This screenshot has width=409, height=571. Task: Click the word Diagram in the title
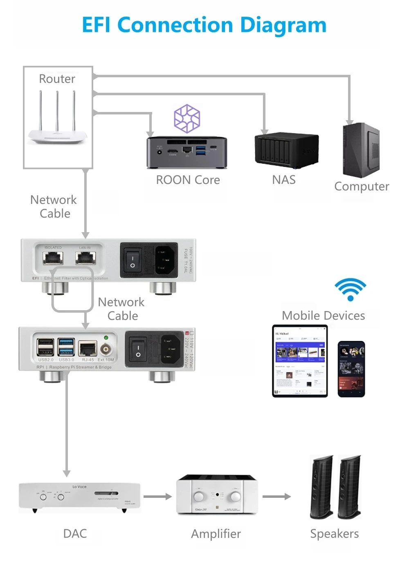coord(283,25)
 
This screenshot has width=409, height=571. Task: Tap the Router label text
coord(57,79)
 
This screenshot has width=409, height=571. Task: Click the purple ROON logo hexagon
coord(187,119)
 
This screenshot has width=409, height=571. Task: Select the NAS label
coord(284,180)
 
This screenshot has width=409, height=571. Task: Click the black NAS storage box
coord(286,150)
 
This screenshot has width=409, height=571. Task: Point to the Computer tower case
coord(361,150)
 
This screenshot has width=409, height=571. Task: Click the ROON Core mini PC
coord(187,152)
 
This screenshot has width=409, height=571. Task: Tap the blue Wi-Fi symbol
coord(350,289)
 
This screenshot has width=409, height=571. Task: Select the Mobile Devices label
coord(323,316)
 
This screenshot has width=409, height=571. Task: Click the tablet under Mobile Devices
coord(300,361)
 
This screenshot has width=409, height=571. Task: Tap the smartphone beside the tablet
coord(351,369)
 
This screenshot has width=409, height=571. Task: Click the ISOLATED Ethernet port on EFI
coord(53,258)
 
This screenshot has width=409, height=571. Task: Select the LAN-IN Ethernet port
coord(85,258)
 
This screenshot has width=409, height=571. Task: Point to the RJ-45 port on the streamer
coord(88,349)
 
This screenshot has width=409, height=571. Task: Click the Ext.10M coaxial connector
coord(106,349)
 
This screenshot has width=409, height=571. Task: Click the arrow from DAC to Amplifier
coord(157,497)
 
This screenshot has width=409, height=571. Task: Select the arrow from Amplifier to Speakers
coord(276,497)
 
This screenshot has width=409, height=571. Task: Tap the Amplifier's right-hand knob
coord(235,497)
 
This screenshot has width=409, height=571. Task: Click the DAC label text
coord(75,533)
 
